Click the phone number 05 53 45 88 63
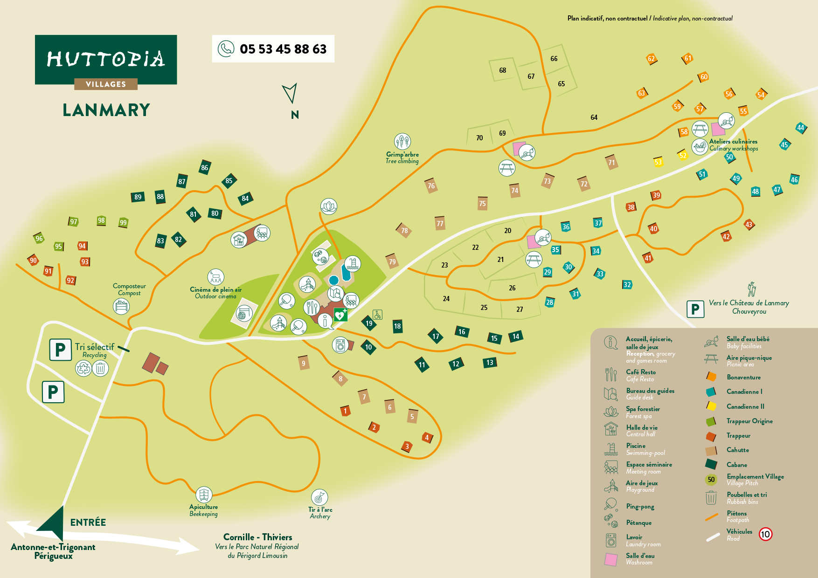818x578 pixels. [283, 49]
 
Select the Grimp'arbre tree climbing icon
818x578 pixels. [402, 141]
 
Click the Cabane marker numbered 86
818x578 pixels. [204, 167]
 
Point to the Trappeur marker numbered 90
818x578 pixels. [33, 261]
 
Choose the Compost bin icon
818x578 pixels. [121, 306]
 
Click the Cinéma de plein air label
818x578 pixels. [215, 289]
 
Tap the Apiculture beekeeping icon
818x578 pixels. [204, 495]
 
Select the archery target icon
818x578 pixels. [319, 497]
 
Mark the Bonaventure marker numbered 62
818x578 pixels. [651, 59]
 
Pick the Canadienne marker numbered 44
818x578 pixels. [800, 128]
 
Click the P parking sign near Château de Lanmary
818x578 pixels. [695, 309]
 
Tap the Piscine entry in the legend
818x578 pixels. [636, 446]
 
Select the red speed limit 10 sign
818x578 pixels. [765, 534]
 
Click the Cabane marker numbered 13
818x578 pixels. [490, 363]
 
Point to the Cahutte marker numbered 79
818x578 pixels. [392, 261]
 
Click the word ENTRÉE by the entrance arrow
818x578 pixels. [88, 523]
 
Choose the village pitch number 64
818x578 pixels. [594, 117]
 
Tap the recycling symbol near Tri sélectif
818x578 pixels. [84, 368]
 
